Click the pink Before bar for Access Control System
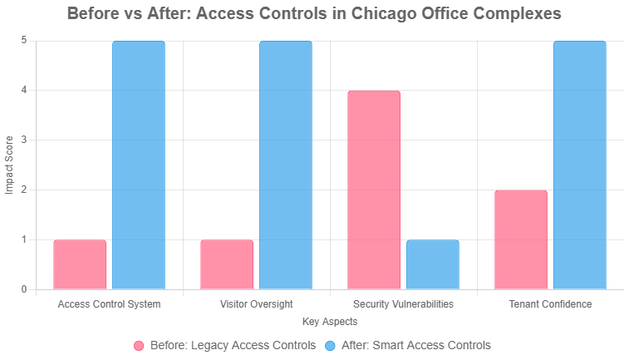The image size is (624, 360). pos(80,264)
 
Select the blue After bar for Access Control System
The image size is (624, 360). pos(139,165)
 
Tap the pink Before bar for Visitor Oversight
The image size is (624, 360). pos(227,264)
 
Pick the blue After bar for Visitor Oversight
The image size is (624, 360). pos(286,165)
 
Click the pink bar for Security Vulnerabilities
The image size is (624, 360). pos(374,190)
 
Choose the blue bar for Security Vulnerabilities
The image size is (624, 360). pos(433,264)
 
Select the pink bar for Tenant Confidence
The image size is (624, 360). pos(521,239)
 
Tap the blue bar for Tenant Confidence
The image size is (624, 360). pos(580,165)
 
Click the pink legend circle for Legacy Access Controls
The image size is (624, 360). pos(139,345)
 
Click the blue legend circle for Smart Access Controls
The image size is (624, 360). pos(330,345)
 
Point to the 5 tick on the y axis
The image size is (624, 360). pos(24,41)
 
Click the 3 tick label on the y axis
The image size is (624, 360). pos(24,141)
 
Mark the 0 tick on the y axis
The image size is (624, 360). pos(24,290)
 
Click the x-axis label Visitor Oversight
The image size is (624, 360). pos(257,304)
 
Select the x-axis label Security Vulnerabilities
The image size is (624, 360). pos(403,304)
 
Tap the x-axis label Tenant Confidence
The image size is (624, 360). pos(550,304)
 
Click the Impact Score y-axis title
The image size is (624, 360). pos(10,165)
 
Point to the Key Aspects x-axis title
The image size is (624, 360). pos(330,321)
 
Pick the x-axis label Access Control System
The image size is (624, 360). pos(110,304)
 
